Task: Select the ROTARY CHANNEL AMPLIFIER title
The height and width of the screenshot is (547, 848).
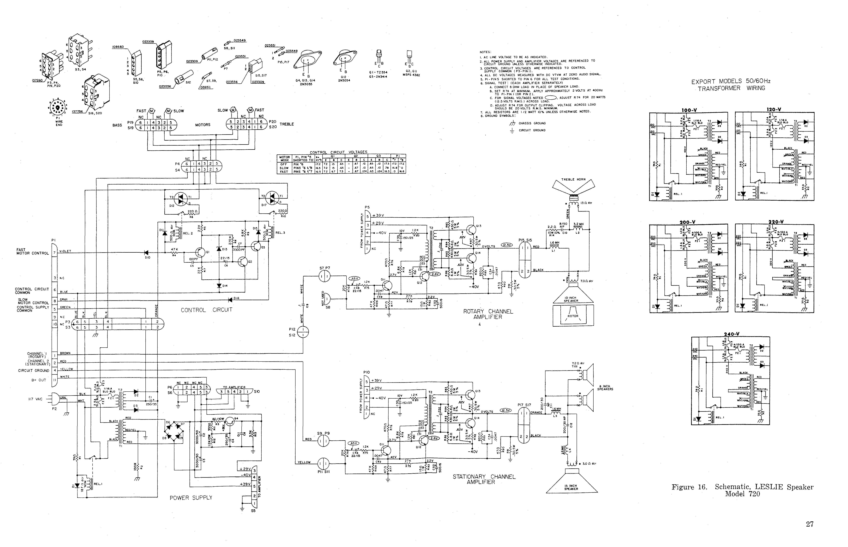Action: (488, 314)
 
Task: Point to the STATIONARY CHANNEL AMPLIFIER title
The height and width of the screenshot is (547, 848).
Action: (484, 479)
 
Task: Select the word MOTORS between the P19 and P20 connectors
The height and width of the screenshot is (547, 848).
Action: (203, 125)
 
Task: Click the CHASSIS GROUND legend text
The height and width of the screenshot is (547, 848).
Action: (532, 123)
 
